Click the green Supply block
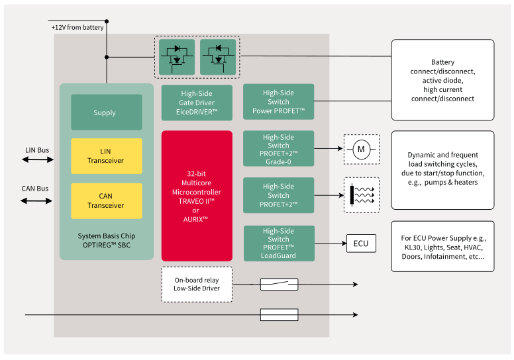point(106,112)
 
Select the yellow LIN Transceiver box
point(106,156)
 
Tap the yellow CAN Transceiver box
point(106,201)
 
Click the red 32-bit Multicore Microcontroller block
point(197,196)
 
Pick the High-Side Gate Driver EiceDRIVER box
point(197,103)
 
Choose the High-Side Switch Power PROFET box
point(278,102)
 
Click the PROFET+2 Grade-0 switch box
point(278,150)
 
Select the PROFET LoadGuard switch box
point(278,244)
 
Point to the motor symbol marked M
point(361,150)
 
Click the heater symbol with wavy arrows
point(361,195)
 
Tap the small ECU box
point(361,244)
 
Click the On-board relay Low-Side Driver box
point(197,285)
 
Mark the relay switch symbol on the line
point(279,284)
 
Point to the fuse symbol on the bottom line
point(279,315)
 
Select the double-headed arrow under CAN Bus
point(38,201)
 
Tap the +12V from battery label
point(77,27)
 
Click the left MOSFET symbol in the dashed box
point(177,58)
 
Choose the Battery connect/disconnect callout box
point(442,80)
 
